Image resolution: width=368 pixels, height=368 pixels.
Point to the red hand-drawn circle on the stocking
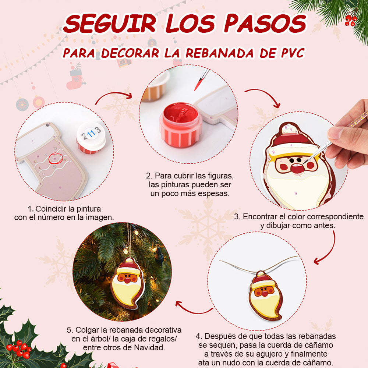click(x=56, y=158)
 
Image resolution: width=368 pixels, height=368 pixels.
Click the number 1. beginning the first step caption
click(x=31, y=209)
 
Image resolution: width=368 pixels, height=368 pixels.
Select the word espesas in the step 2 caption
click(x=213, y=194)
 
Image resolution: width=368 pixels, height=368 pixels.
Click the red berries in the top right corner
click(x=351, y=20)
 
